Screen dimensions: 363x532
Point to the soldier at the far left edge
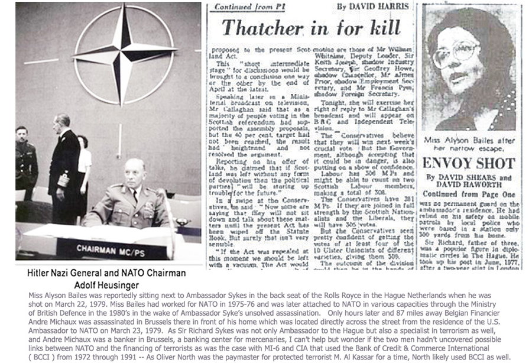[25, 163]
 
